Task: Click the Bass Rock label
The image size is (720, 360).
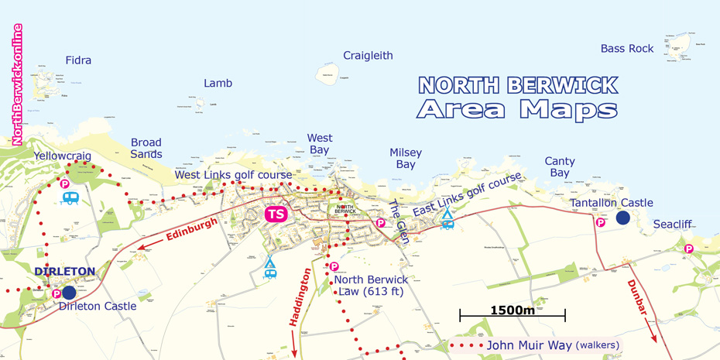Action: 627,49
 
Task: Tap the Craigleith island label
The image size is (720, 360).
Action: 368,56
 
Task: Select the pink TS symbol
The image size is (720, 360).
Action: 276,214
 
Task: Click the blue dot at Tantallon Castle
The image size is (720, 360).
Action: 622,218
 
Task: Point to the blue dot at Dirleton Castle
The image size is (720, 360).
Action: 69,293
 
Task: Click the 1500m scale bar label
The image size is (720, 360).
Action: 513,310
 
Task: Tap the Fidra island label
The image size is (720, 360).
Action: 78,60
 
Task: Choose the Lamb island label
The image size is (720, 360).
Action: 218,83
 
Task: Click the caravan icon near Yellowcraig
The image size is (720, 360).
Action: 70,198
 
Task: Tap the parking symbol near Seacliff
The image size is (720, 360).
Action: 688,249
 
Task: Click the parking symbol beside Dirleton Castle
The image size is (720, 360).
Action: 57,294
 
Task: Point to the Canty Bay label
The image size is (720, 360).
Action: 559,167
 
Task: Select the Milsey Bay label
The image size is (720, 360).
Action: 405,159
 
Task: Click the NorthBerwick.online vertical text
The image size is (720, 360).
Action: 17,85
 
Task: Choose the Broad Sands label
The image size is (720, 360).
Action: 146,148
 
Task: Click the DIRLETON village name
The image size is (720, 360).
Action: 64,272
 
